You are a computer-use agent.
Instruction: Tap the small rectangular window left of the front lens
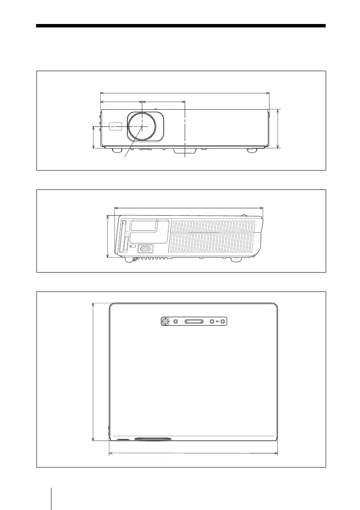click(x=115, y=126)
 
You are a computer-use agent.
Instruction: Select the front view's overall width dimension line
click(x=184, y=92)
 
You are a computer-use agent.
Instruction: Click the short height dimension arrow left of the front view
click(x=93, y=138)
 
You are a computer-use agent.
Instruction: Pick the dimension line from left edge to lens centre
click(x=121, y=102)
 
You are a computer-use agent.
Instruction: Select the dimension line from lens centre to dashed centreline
click(x=163, y=102)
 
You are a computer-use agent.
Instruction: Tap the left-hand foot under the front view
click(x=115, y=150)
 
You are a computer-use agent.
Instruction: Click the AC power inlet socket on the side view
click(x=145, y=248)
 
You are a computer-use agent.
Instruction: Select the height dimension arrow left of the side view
click(x=107, y=237)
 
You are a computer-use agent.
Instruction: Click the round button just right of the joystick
click(x=175, y=321)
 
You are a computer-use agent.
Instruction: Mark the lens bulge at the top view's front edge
click(x=153, y=439)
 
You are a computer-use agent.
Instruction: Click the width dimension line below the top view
click(x=193, y=453)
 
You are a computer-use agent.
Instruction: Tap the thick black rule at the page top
click(x=181, y=26)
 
